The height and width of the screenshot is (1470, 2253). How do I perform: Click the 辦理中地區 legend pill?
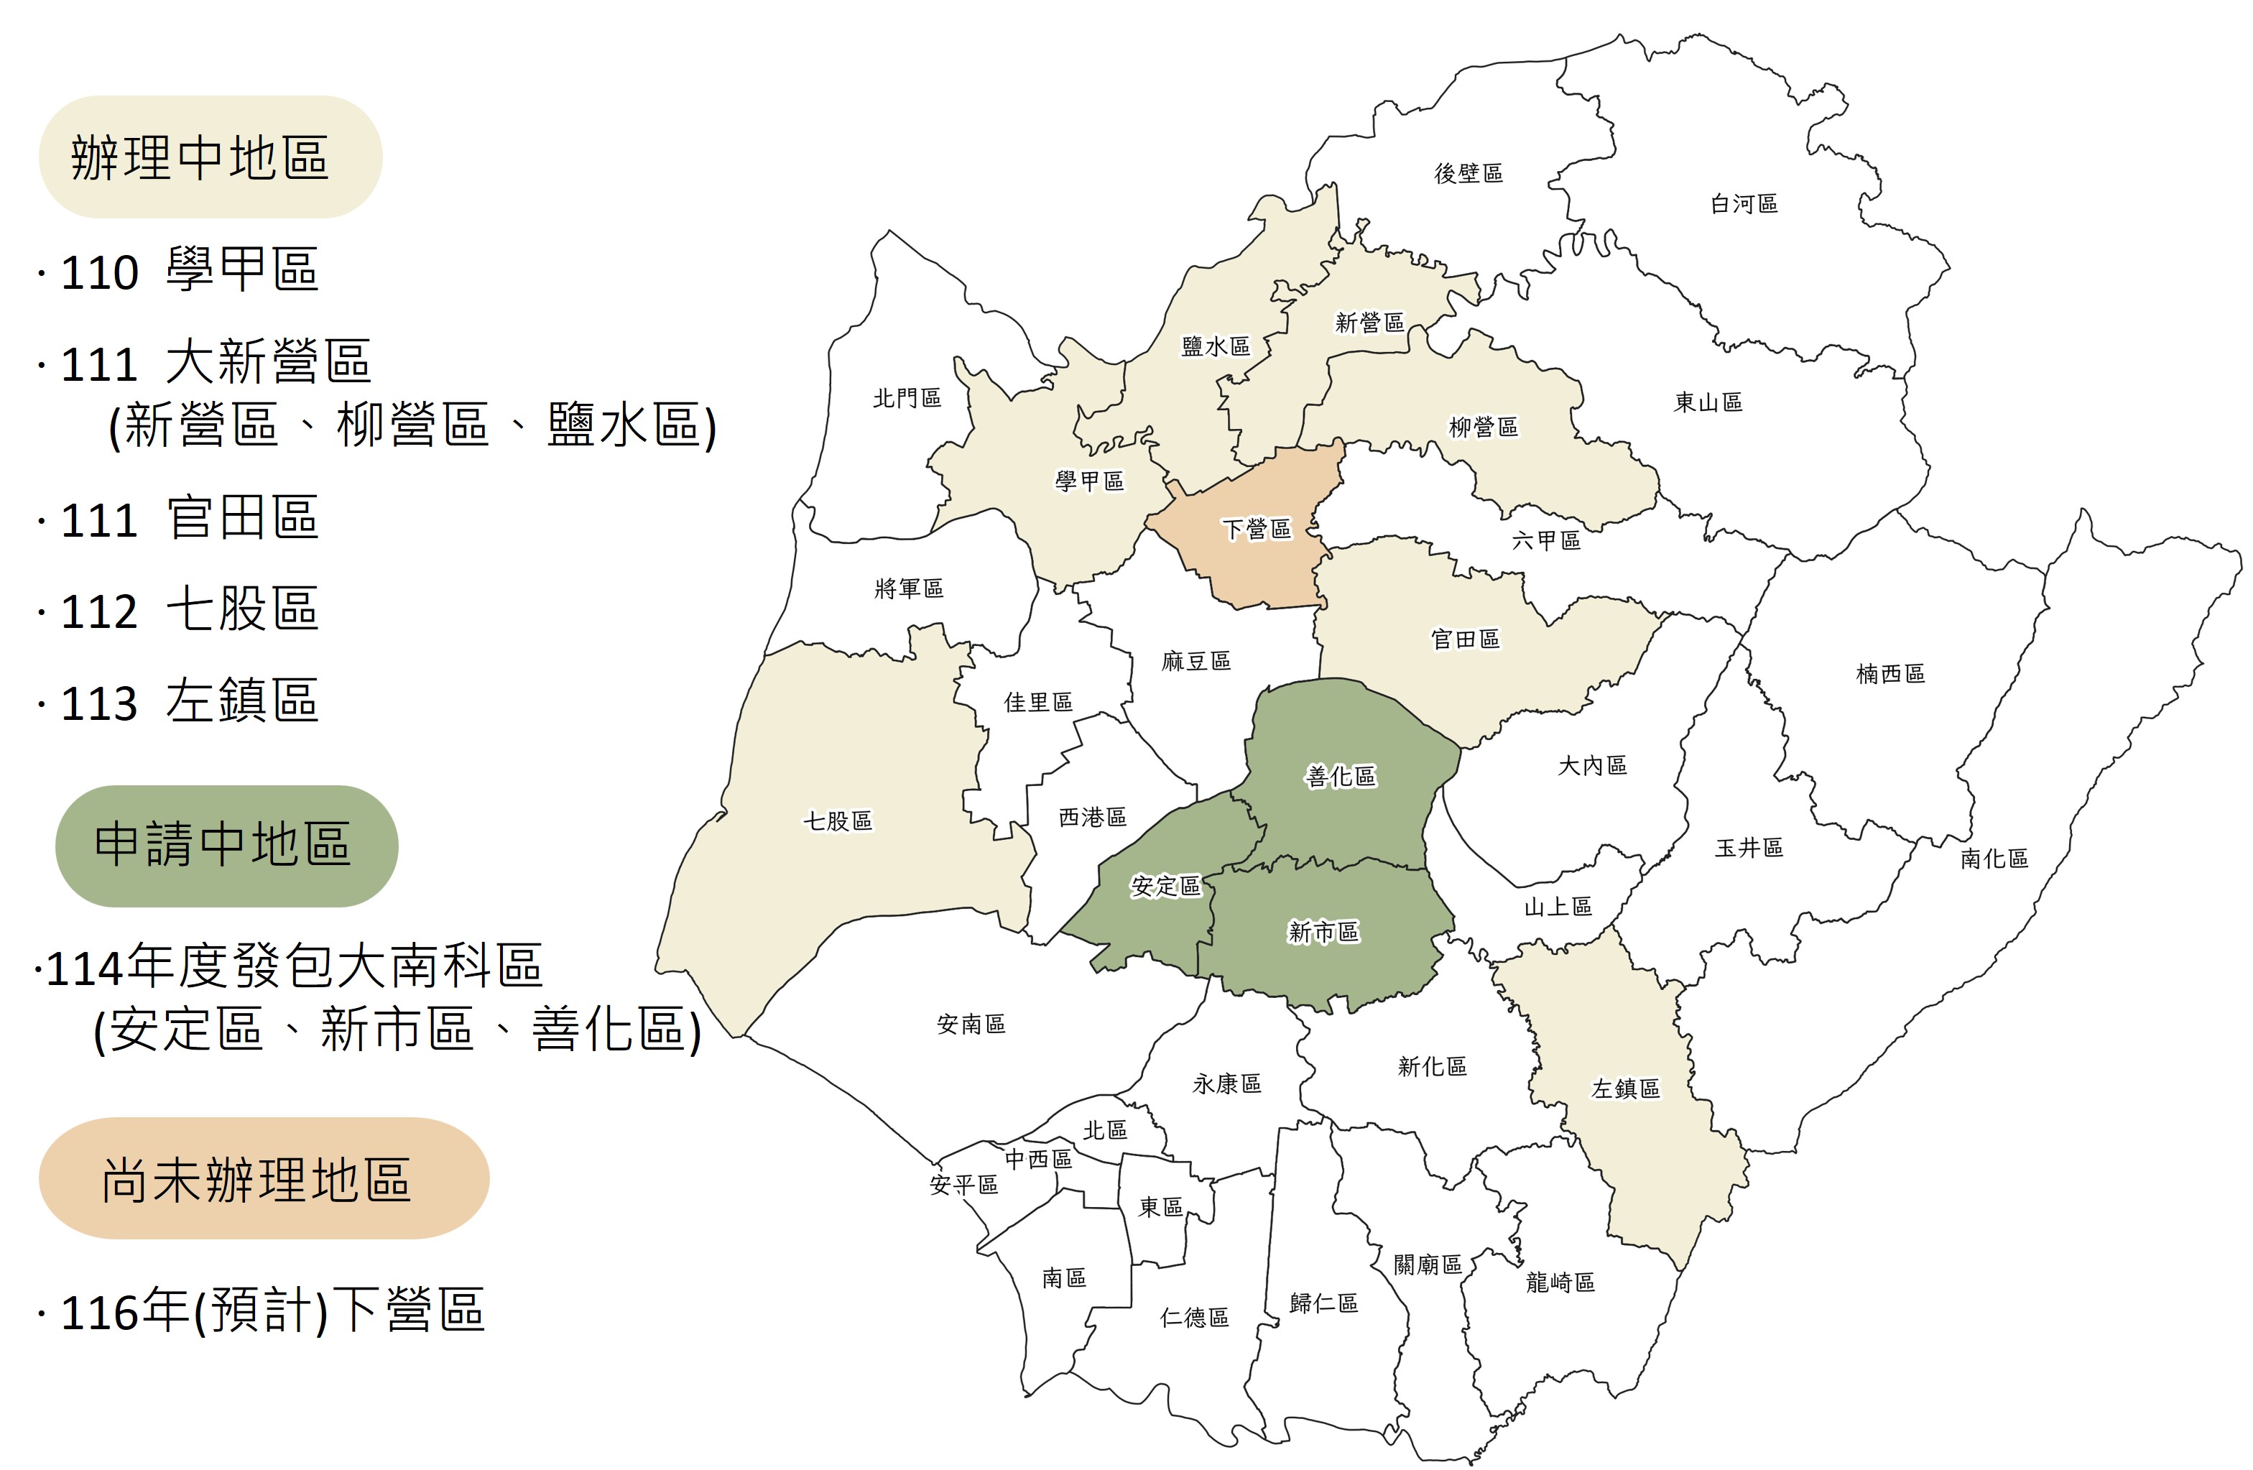point(211,157)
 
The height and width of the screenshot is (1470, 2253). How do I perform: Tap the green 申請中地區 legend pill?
point(226,845)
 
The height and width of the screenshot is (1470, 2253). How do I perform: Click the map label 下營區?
point(1257,529)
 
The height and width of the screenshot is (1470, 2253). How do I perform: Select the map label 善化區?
point(1341,776)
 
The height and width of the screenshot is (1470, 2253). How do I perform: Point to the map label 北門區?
point(907,399)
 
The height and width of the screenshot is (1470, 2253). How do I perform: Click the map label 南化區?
point(1994,859)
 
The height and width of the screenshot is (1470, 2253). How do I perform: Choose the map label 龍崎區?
point(1560,1282)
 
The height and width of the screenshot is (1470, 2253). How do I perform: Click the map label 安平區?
point(963,1185)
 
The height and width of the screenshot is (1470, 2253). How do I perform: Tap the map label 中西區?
point(1038,1159)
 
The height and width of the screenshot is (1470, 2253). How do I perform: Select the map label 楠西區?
point(1889,674)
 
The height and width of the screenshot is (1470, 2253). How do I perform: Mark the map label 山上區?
point(1558,907)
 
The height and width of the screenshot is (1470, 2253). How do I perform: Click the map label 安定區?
point(1165,886)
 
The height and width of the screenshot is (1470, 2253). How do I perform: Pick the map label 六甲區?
point(1546,540)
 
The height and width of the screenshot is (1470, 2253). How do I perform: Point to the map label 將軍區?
point(909,588)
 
